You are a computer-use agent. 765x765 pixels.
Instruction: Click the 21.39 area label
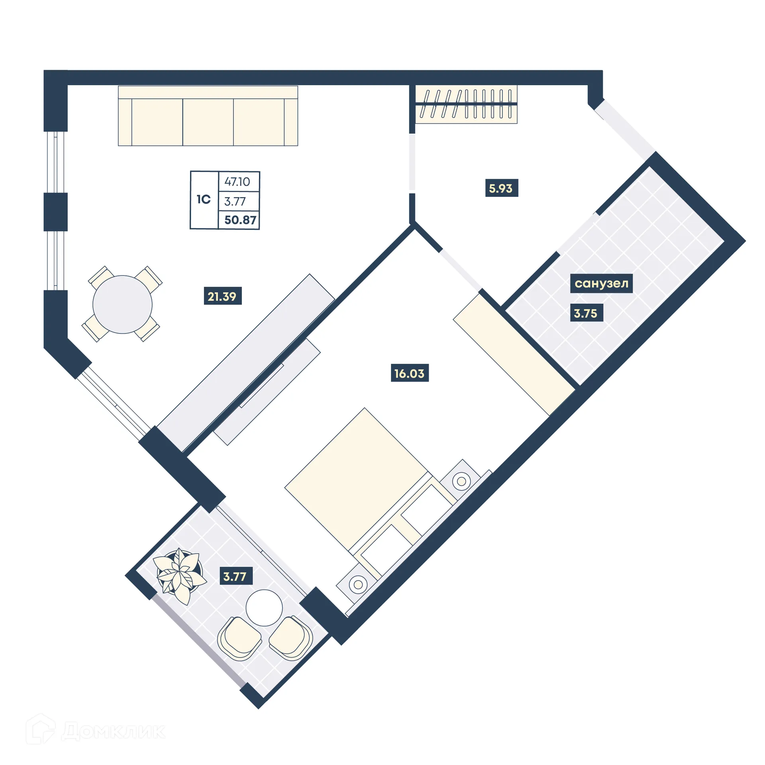tap(222, 296)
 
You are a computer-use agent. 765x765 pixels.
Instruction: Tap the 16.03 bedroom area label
tap(409, 373)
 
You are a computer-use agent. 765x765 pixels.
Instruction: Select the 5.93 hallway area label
tap(501, 188)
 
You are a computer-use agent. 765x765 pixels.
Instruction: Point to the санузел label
tap(601, 283)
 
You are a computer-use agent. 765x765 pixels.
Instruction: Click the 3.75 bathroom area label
tap(586, 313)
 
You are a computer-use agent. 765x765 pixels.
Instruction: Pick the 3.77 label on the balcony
tap(235, 576)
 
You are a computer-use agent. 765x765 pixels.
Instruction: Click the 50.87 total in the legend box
tap(240, 220)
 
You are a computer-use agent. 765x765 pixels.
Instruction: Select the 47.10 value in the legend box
tap(237, 182)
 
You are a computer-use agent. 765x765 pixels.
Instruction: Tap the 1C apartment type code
tap(204, 199)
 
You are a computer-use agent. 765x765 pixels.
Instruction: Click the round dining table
tap(122, 304)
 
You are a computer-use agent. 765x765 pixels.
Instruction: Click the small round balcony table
tap(264, 608)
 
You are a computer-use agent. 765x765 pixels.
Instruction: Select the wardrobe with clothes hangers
tap(466, 104)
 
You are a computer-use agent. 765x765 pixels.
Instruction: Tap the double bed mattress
tap(356, 478)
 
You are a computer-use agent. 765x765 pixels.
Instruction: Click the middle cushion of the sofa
tap(208, 122)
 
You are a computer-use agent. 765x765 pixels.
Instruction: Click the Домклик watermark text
tap(113, 731)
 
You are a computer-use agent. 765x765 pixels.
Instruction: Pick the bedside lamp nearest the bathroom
tap(461, 481)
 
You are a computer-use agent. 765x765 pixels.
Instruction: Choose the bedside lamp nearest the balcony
tap(358, 585)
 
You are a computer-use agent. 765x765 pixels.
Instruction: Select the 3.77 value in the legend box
tap(235, 202)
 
